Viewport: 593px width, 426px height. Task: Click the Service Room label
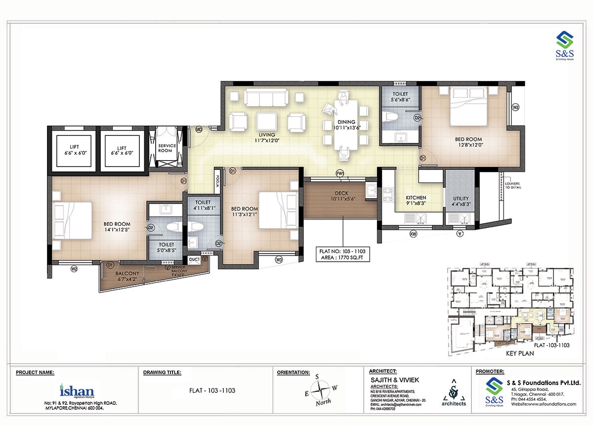point(167,148)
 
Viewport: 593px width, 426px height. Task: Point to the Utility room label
point(461,201)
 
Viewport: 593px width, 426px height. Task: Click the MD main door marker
point(199,129)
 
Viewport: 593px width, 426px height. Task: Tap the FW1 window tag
point(340,173)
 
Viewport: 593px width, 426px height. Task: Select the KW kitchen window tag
point(413,233)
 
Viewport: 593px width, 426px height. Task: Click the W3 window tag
point(279,259)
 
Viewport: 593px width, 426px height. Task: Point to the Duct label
point(193,259)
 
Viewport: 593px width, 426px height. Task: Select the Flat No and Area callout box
point(343,254)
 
